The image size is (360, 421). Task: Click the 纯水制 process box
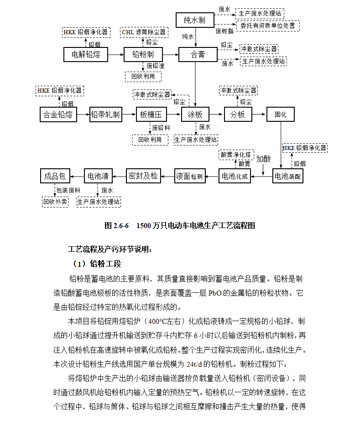pos(195,20)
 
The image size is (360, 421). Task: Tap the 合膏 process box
pos(198,55)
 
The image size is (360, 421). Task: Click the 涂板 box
pos(195,114)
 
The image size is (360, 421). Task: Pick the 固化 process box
pos(280,114)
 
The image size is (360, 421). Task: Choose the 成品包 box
pos(55,176)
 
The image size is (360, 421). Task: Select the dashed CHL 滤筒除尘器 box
pos(144,32)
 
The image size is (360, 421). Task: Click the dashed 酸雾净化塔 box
pos(235,154)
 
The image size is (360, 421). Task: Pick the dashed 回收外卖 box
pos(55,201)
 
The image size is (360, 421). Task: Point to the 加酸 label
pos(263,159)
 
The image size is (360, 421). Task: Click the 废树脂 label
pos(224,31)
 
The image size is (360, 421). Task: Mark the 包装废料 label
pos(68,190)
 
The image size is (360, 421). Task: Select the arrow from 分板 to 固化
pos(259,114)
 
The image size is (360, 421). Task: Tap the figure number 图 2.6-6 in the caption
pos(117,225)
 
